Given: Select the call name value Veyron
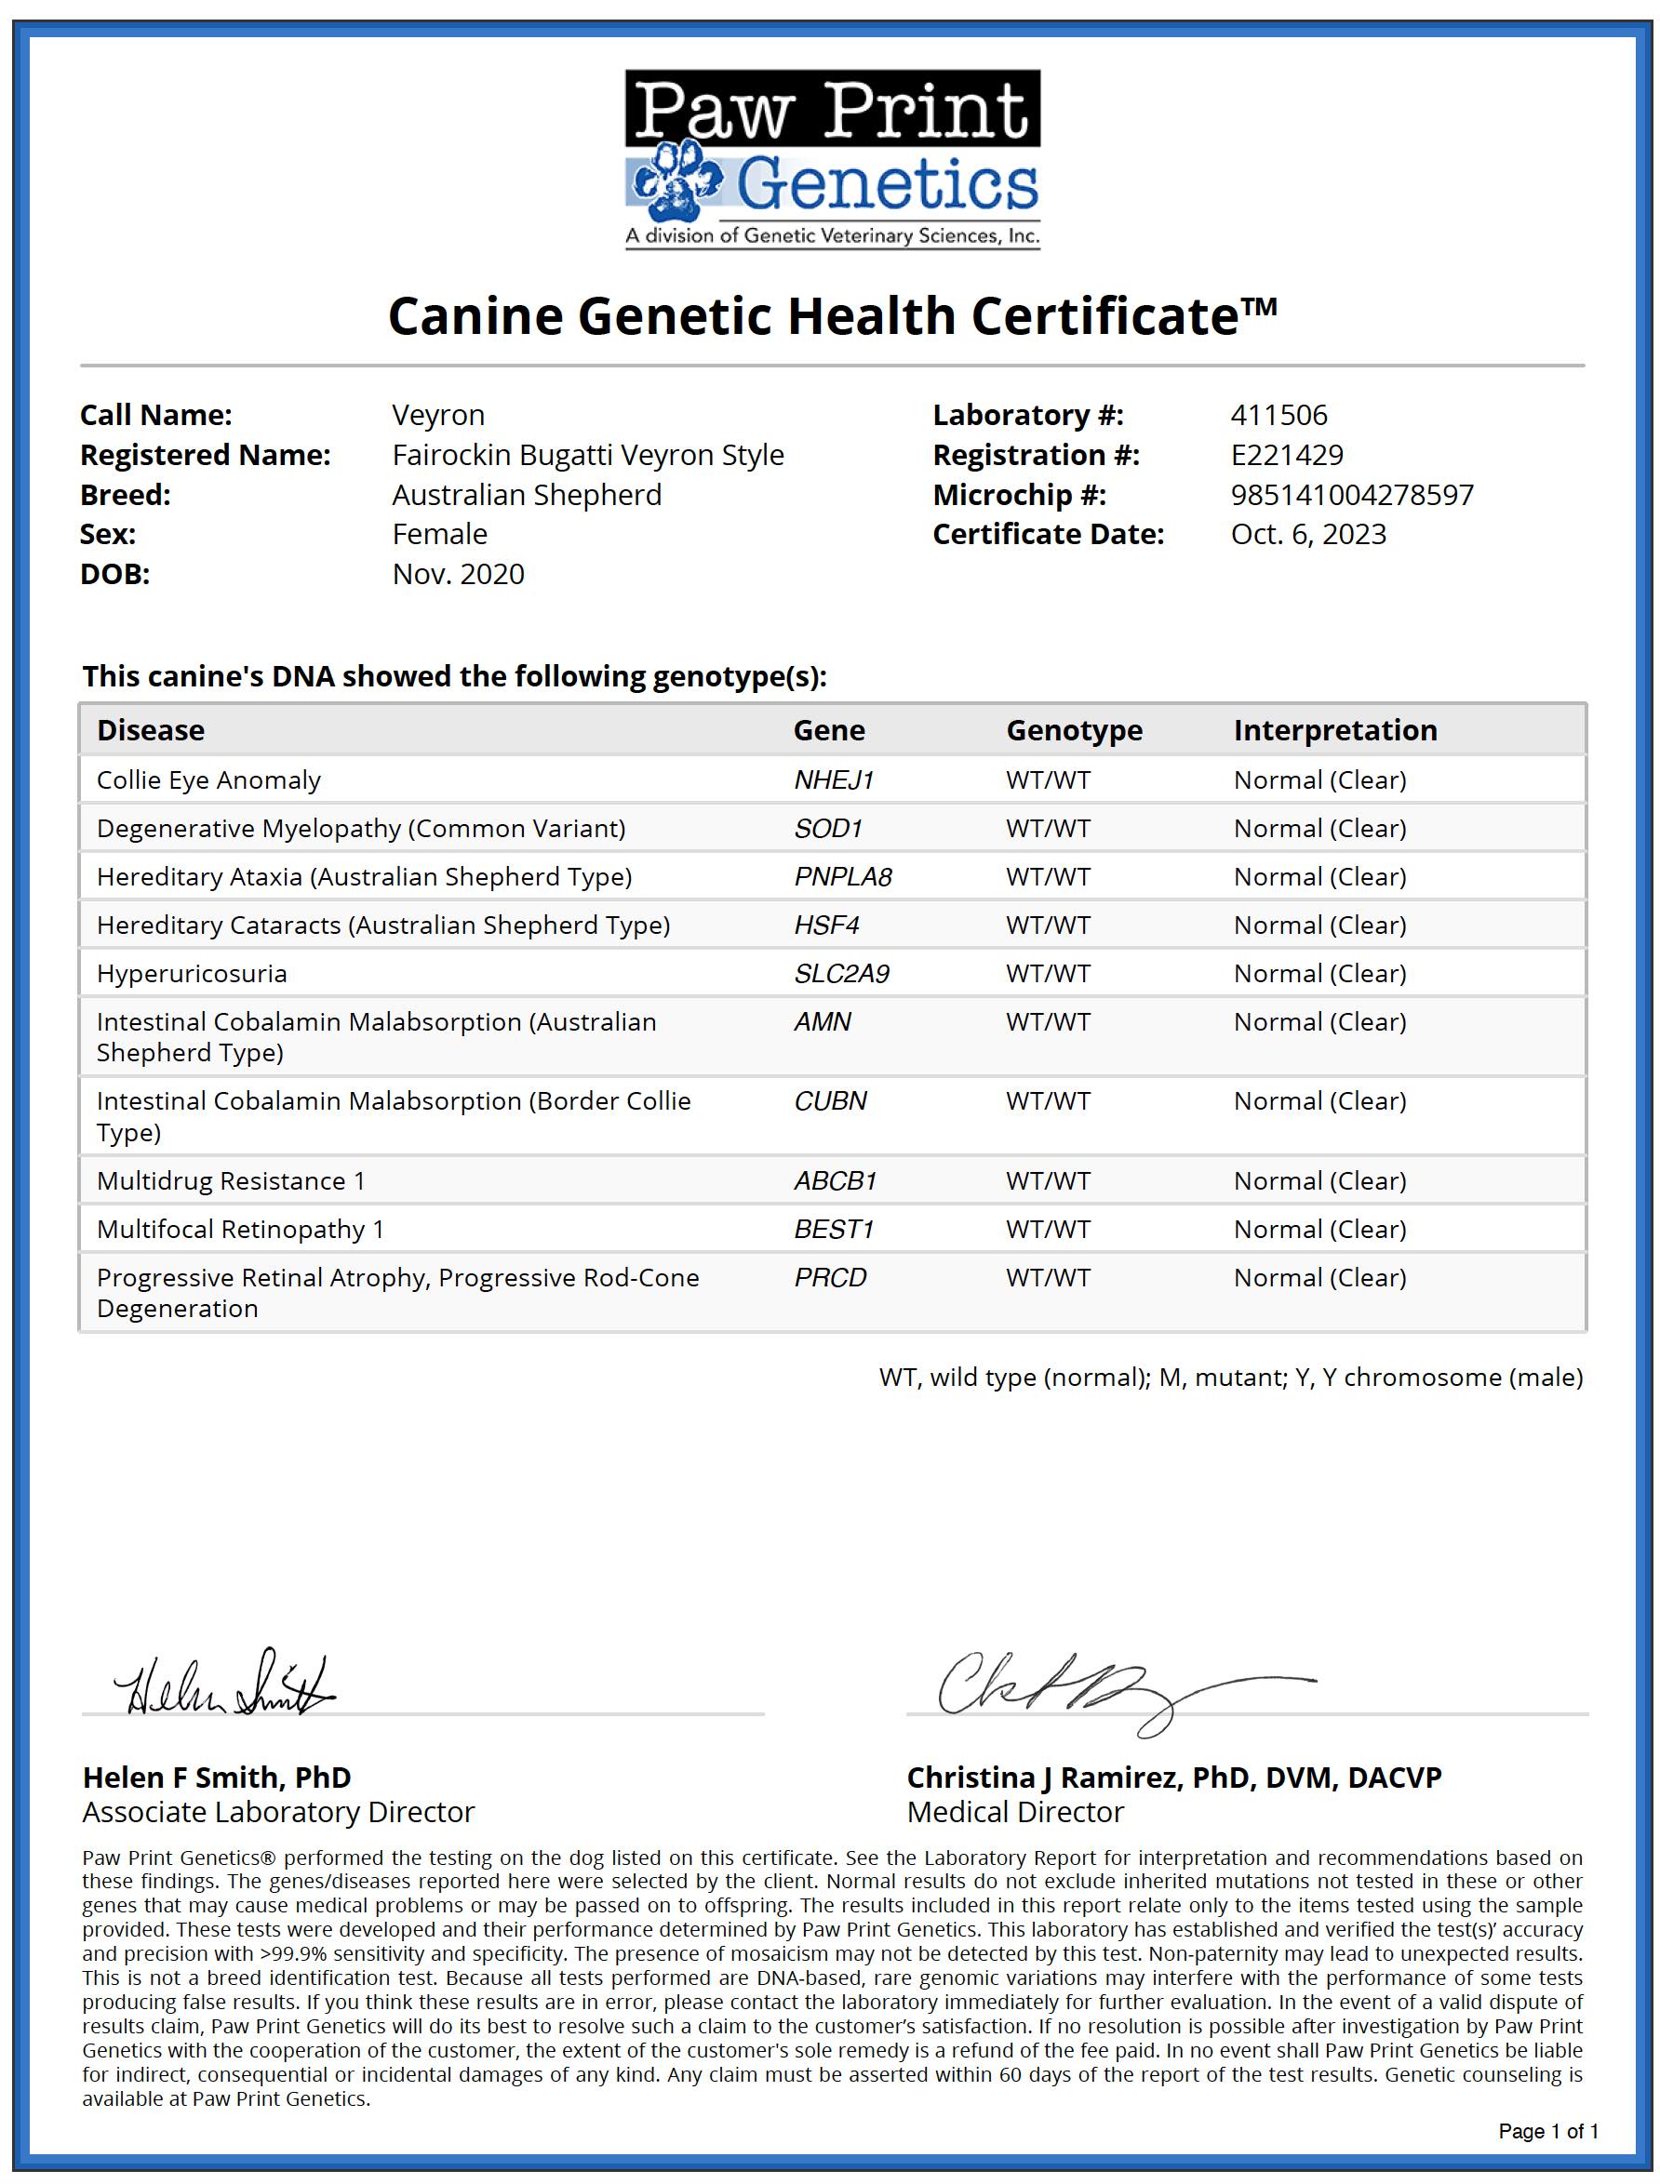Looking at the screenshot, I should coord(437,415).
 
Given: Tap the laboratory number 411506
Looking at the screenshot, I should coord(1278,415).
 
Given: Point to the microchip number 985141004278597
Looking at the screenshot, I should coord(1352,494).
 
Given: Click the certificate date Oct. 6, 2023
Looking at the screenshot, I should coord(1308,533).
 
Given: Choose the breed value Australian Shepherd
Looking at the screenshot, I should coord(527,494).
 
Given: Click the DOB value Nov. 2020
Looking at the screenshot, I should coord(459,574).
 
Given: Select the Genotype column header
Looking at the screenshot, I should coord(1074,730).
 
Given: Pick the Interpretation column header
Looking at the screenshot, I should coord(1335,730).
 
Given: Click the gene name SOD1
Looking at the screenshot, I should coord(828,828).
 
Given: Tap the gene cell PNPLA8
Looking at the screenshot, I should coord(843,876).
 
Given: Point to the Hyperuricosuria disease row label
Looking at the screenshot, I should coord(192,973).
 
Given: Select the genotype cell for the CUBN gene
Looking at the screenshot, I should coord(1049,1100).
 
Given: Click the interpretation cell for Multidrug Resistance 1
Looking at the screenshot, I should coord(1319,1180).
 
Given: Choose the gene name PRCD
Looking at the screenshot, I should coord(830,1277).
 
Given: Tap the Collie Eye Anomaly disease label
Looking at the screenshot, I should coord(208,779).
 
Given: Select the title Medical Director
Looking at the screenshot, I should coord(1015,1812).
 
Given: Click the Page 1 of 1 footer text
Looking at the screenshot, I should coord(1547,2131).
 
